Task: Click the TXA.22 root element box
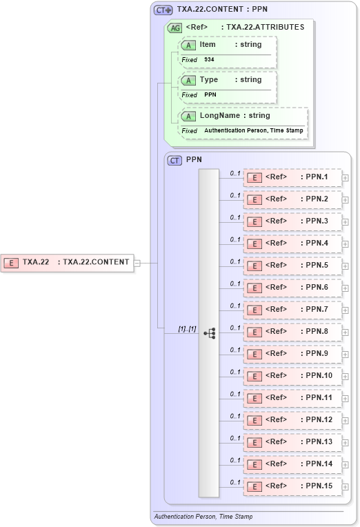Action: pos(67,262)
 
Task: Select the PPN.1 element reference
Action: pos(292,178)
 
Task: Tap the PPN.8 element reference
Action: pos(292,332)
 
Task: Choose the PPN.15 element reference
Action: pos(292,486)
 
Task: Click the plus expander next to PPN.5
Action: pos(346,266)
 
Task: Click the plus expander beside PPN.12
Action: pos(346,421)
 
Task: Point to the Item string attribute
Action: pos(227,45)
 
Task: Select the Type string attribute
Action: pos(227,80)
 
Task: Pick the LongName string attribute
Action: pos(242,116)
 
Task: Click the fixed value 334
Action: pos(209,60)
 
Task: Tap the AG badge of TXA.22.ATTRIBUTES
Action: pos(175,28)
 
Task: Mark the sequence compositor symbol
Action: pos(209,332)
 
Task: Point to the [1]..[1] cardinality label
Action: pos(188,328)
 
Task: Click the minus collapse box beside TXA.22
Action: pos(138,263)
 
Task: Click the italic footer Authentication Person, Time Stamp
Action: pos(203,517)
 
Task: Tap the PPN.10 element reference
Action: pos(292,376)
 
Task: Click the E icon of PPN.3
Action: pos(254,222)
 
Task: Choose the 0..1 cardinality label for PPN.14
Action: pos(235,460)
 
